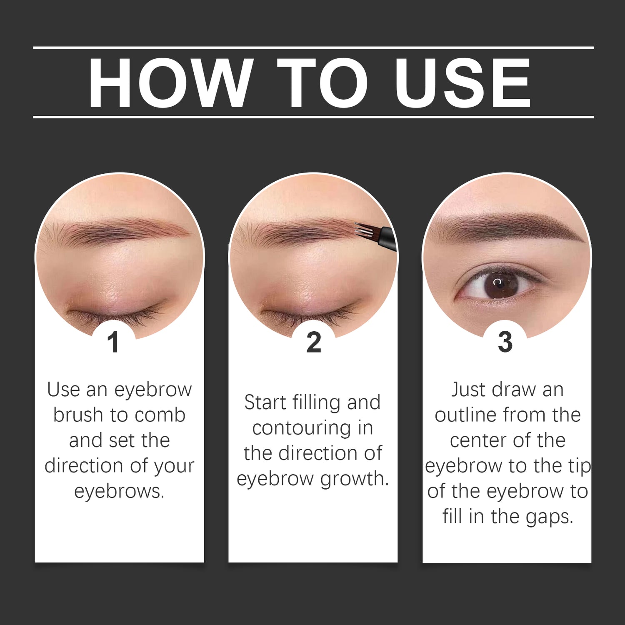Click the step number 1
coord(113,342)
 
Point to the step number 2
coord(313,342)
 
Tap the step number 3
coord(505,342)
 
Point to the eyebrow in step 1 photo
coord(121,231)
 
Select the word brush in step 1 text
coord(78,415)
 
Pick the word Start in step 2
coord(265,402)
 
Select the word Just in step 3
coord(469,390)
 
